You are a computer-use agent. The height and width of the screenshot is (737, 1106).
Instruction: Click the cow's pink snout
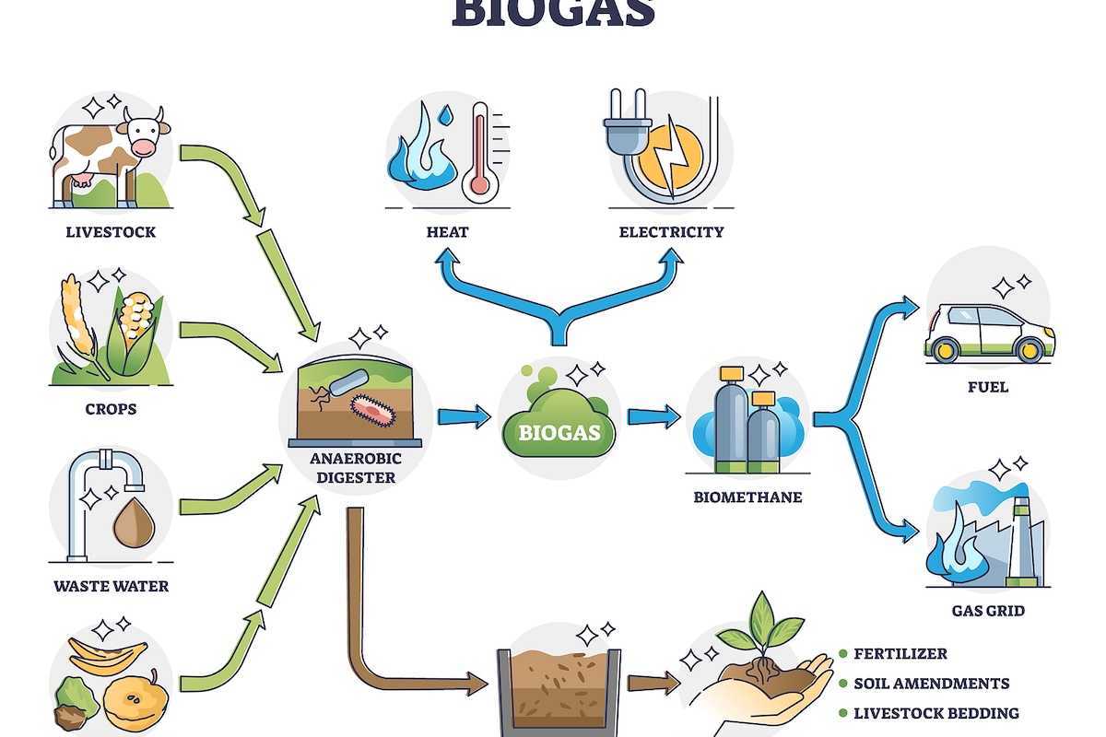click(144, 147)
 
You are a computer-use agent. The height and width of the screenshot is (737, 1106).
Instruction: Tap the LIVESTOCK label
click(111, 232)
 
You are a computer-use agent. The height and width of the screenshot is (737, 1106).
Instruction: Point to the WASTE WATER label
click(111, 586)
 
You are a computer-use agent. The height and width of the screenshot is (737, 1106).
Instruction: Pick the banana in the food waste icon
click(111, 656)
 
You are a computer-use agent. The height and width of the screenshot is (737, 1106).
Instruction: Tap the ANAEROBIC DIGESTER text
click(356, 469)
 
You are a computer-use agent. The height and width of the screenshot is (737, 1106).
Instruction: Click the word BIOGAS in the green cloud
click(559, 431)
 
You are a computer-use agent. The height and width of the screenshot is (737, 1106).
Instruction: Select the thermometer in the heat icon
click(479, 152)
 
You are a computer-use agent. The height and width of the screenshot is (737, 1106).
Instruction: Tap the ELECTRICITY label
click(671, 232)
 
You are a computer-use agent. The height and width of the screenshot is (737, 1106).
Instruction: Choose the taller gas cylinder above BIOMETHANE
click(731, 410)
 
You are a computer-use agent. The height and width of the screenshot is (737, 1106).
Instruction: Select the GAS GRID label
click(988, 611)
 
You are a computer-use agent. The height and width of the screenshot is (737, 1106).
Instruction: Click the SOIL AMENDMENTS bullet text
click(931, 684)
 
